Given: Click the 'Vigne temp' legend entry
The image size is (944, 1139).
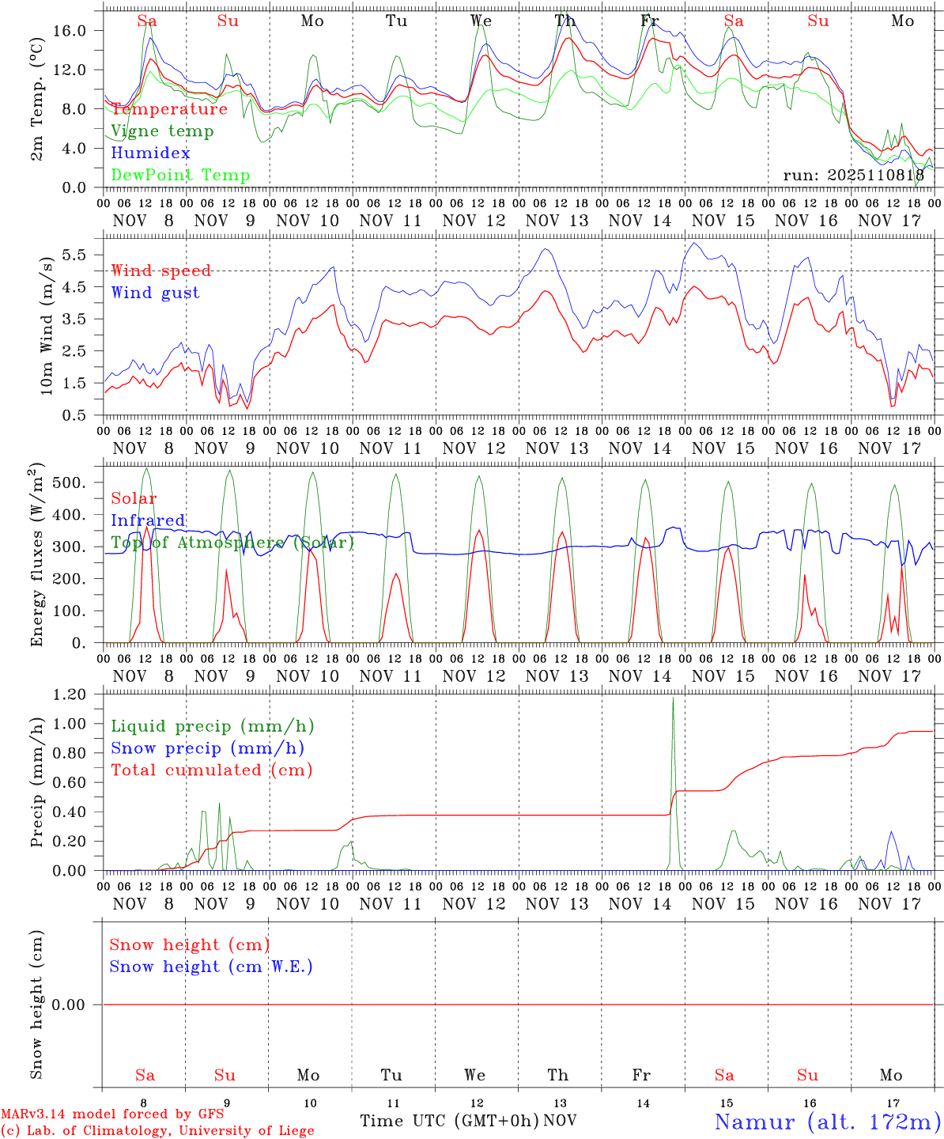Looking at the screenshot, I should point(162,131).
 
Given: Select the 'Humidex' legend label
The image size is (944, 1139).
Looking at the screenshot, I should point(150,153).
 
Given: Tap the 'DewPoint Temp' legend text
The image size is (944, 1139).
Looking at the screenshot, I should point(180,176).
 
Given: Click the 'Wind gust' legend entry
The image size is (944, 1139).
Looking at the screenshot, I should point(155,293).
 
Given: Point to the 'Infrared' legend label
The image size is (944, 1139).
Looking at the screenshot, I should point(148,520).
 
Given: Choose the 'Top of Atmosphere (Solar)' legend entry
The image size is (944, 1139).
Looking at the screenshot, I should point(232,543).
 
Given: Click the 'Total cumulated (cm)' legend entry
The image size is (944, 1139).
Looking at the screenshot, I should point(211,770).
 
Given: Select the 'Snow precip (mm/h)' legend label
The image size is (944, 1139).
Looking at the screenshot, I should point(207,748).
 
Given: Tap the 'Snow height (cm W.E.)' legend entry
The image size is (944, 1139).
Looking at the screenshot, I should point(211,967).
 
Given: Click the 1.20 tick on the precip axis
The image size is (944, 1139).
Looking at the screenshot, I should point(77,694).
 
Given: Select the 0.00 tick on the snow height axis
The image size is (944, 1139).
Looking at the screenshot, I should point(77,1005).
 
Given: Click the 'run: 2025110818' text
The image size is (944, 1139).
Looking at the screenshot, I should point(853,175).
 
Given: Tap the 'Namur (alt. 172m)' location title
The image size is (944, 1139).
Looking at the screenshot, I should point(827,1122).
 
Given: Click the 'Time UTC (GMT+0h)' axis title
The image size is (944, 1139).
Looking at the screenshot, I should point(449,1121).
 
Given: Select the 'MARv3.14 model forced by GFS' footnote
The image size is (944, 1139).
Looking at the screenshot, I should point(112,1114).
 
